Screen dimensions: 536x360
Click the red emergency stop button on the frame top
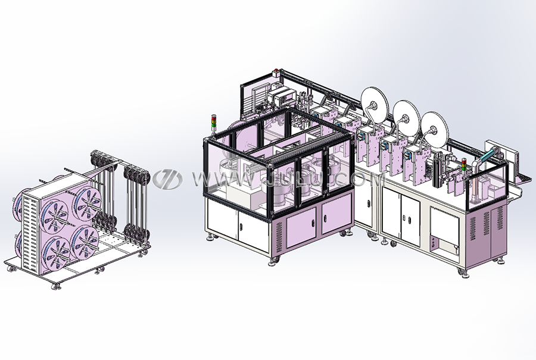(276, 73)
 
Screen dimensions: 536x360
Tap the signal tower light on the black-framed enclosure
(214, 122)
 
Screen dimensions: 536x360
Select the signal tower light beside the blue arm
(464, 164)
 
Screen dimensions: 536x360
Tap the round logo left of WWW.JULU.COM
(167, 179)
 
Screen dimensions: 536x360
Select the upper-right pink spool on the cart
(88, 204)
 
